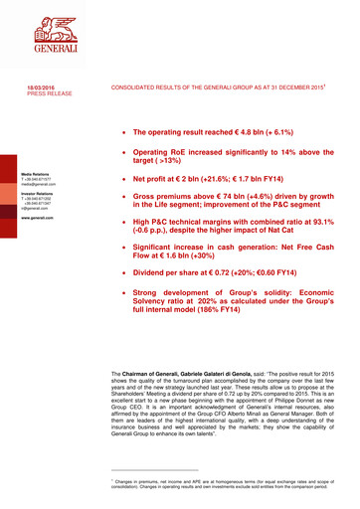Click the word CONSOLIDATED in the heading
(136, 87)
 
